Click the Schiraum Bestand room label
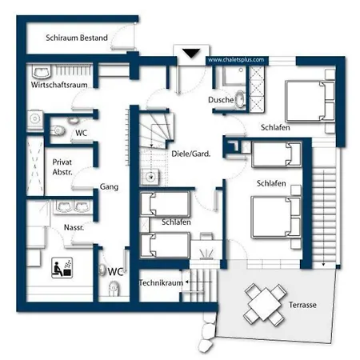pyautogui.click(x=77, y=38)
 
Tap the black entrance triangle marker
pyautogui.click(x=191, y=53)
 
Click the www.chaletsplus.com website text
pyautogui.click(x=236, y=60)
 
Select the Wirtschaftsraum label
pyautogui.click(x=59, y=85)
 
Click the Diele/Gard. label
pyautogui.click(x=191, y=154)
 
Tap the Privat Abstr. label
pyautogui.click(x=62, y=167)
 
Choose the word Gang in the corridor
pyautogui.click(x=109, y=186)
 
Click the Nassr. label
pyautogui.click(x=74, y=227)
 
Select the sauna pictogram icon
pyautogui.click(x=62, y=267)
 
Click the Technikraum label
pyautogui.click(x=161, y=282)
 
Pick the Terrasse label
pyautogui.click(x=302, y=305)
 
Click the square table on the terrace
pyautogui.click(x=266, y=305)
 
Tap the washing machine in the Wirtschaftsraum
pyautogui.click(x=35, y=120)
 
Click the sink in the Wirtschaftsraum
pyautogui.click(x=42, y=71)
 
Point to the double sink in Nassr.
pyautogui.click(x=73, y=206)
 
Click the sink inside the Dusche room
pyautogui.click(x=241, y=100)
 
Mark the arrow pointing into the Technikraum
pyautogui.click(x=198, y=282)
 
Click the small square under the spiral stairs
pyautogui.click(x=150, y=177)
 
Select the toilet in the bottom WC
pyautogui.click(x=114, y=289)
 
